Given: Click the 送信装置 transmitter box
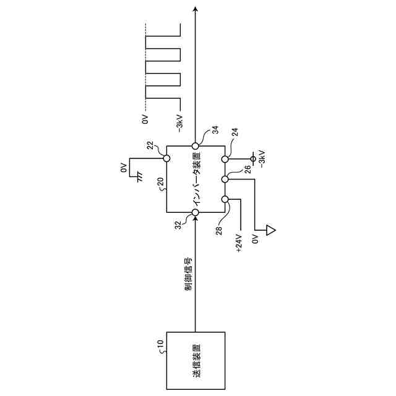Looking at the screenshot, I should (x=196, y=361).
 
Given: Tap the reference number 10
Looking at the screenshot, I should (x=160, y=344).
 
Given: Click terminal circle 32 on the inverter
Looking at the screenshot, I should (x=196, y=213).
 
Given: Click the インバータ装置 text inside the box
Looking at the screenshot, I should (x=196, y=179).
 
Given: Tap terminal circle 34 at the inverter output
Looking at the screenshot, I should (x=196, y=146).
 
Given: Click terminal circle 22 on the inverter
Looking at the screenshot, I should (x=166, y=158).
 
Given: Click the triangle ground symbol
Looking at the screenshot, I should (x=270, y=231).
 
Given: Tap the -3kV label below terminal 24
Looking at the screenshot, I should (x=262, y=158).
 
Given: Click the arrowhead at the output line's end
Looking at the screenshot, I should (x=196, y=9).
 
